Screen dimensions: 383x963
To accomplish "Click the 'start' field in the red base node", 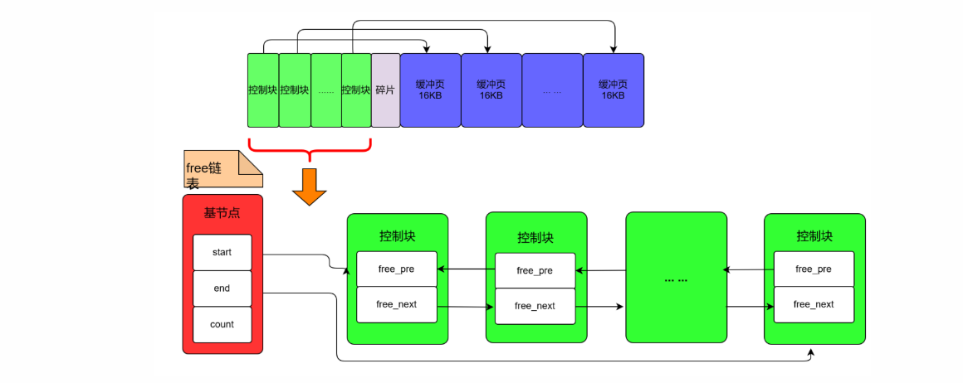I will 222,252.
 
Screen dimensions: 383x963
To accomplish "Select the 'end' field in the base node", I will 222,288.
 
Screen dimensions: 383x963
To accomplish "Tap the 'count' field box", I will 222,324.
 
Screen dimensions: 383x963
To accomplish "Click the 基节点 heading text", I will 222,213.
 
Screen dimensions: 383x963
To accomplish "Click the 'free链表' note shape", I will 223,169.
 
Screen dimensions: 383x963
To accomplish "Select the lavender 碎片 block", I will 385,90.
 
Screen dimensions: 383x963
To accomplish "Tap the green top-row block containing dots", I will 325,90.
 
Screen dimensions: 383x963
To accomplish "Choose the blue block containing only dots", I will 552,90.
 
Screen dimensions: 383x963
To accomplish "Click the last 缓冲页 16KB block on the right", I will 613,90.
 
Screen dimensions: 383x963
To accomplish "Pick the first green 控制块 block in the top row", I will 262,90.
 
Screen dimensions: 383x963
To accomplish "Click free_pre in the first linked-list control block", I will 396,269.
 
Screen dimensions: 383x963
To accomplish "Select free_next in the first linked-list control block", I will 396,304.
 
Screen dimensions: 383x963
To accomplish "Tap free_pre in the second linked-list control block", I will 535,270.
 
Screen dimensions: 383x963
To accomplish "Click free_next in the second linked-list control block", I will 535,306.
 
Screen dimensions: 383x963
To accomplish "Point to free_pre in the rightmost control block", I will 814,269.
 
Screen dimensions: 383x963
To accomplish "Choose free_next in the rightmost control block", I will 814,304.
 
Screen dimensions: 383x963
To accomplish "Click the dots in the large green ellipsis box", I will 676,279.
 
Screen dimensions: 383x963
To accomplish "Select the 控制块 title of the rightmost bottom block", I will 814,236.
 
